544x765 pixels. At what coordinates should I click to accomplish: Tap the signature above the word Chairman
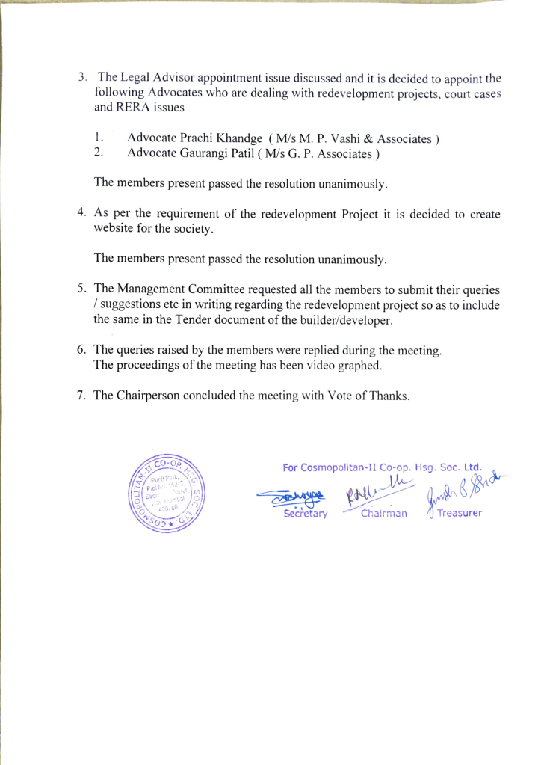click(378, 494)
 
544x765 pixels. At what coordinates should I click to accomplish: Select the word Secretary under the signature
click(305, 514)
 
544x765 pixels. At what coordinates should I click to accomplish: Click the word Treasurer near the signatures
click(460, 513)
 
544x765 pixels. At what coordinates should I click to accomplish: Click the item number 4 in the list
click(82, 214)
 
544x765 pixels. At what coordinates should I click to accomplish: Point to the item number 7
click(81, 396)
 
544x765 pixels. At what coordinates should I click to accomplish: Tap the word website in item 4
click(116, 229)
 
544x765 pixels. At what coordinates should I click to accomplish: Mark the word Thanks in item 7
click(390, 396)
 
